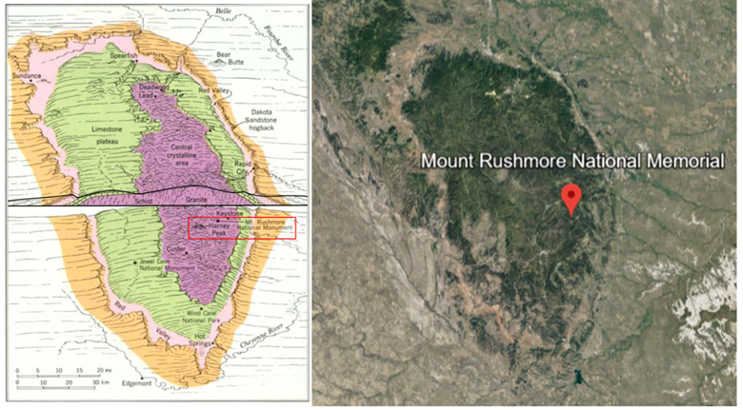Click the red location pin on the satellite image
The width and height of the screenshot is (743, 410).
click(x=572, y=198)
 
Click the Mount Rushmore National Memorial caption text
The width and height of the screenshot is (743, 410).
click(x=577, y=162)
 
